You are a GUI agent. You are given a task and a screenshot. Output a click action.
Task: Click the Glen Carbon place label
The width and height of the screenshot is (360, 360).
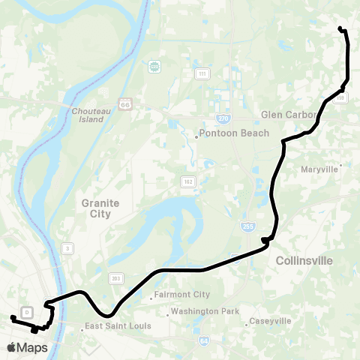289,115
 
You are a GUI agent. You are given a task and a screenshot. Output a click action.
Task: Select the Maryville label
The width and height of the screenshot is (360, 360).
320,169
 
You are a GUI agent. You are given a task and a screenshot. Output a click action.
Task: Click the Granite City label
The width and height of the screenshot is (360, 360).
96,208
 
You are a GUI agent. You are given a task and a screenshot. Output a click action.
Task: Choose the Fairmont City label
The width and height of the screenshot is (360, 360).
181,295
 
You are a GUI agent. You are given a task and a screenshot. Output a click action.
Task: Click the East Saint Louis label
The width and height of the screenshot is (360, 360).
118,326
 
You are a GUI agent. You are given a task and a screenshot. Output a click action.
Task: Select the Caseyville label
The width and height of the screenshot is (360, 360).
268,321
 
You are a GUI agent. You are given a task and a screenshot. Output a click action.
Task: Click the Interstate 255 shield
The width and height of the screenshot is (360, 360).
247,226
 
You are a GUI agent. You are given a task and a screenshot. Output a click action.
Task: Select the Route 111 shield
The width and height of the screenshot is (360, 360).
202,73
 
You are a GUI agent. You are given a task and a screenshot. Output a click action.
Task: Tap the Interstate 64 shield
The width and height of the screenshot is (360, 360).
203,340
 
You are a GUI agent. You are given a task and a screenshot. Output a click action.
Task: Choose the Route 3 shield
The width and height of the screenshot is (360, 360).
67,247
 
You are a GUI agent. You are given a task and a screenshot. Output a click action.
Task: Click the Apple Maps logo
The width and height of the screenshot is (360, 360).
27,348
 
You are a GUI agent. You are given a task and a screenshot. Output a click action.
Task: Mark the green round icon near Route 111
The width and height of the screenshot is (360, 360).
155,67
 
